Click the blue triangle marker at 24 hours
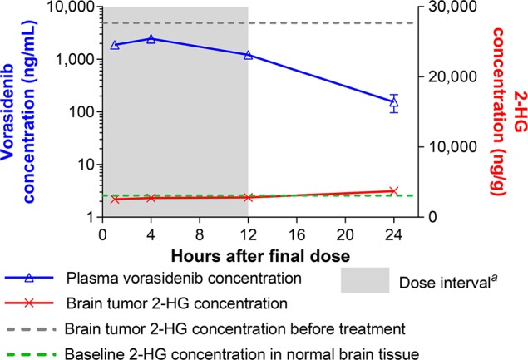pos(394,102)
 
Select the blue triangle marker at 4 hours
pos(151,39)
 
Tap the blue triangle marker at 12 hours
pos(249,55)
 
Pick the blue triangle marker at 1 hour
pos(115,45)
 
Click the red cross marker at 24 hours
pos(394,191)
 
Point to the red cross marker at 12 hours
pos(249,197)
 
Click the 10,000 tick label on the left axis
pos(67,7)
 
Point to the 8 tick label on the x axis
pos(200,234)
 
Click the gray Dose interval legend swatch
pos(372,281)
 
